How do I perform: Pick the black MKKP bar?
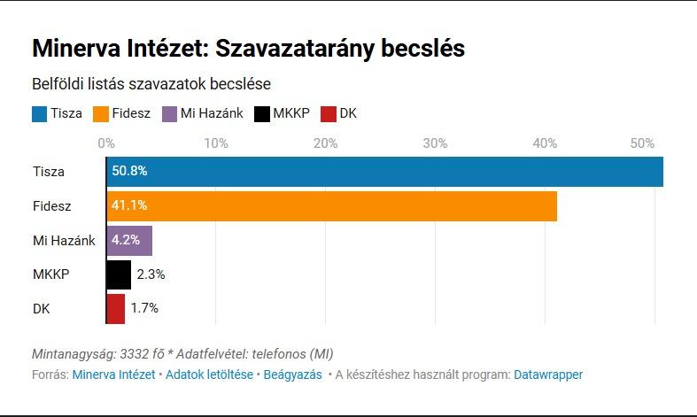(119, 274)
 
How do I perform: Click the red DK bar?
(116, 308)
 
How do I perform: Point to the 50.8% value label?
(129, 172)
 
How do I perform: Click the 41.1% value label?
(129, 206)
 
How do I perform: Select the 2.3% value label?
(151, 274)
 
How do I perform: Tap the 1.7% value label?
(144, 308)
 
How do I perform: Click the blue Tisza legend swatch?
(39, 113)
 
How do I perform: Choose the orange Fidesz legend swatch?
(100, 113)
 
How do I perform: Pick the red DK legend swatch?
(329, 113)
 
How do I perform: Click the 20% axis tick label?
(326, 143)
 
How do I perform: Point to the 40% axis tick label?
(545, 143)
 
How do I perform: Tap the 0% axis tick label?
(106, 143)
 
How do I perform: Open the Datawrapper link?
(548, 375)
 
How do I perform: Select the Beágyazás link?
(293, 375)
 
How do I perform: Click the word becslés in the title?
(422, 48)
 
